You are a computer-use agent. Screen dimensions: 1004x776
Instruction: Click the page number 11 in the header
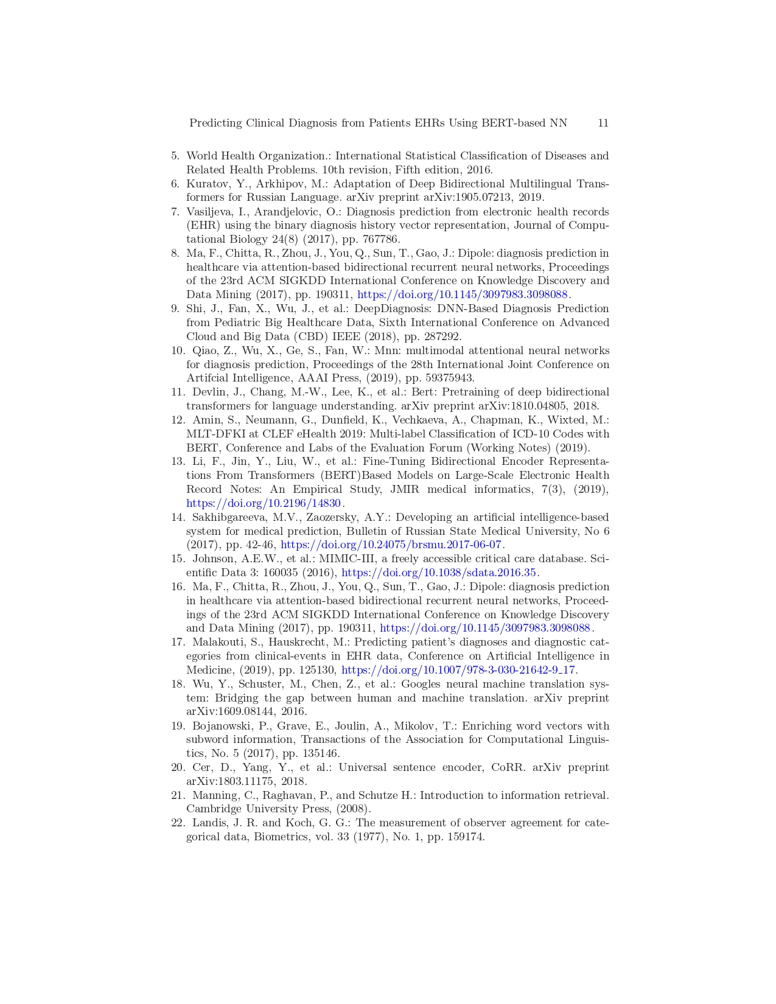coord(603,123)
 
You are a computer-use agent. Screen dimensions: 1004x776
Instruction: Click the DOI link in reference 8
coord(462,295)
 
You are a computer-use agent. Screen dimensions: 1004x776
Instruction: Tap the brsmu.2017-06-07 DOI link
coord(391,545)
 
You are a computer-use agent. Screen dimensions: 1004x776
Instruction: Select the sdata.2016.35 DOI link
coord(439,573)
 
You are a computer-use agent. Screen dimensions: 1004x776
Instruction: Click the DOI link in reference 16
coord(485,628)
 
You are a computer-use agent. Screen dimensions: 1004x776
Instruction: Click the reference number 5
coord(175,156)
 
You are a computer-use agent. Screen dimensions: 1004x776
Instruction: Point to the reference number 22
coord(177,823)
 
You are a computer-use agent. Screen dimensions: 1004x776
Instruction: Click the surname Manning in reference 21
coord(213,795)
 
